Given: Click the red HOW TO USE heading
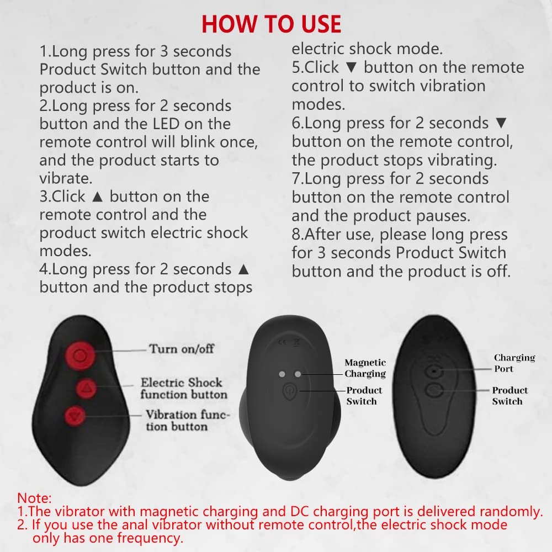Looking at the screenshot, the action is pyautogui.click(x=272, y=24).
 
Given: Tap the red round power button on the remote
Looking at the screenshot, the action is pyautogui.click(x=81, y=355).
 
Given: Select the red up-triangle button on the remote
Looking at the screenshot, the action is pyautogui.click(x=86, y=388).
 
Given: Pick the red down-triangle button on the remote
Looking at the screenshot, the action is pyautogui.click(x=75, y=416).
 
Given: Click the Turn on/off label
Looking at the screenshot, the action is pyautogui.click(x=182, y=349).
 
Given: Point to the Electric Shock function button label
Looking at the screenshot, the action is pyautogui.click(x=184, y=388).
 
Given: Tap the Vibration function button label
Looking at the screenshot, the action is pyautogui.click(x=187, y=420).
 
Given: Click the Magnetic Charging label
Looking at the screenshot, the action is pyautogui.click(x=365, y=368).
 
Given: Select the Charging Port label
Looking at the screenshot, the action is pyautogui.click(x=514, y=363).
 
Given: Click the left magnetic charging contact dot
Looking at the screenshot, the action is pyautogui.click(x=282, y=374).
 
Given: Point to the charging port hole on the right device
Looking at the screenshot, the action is pyautogui.click(x=434, y=371).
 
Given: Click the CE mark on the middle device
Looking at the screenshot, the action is pyautogui.click(x=282, y=342).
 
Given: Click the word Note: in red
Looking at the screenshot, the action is pyautogui.click(x=34, y=498).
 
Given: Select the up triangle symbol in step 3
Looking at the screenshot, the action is pyautogui.click(x=97, y=197).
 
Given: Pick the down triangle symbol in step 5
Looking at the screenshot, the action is pyautogui.click(x=351, y=67).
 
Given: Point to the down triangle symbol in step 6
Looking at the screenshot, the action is pyautogui.click(x=501, y=123).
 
